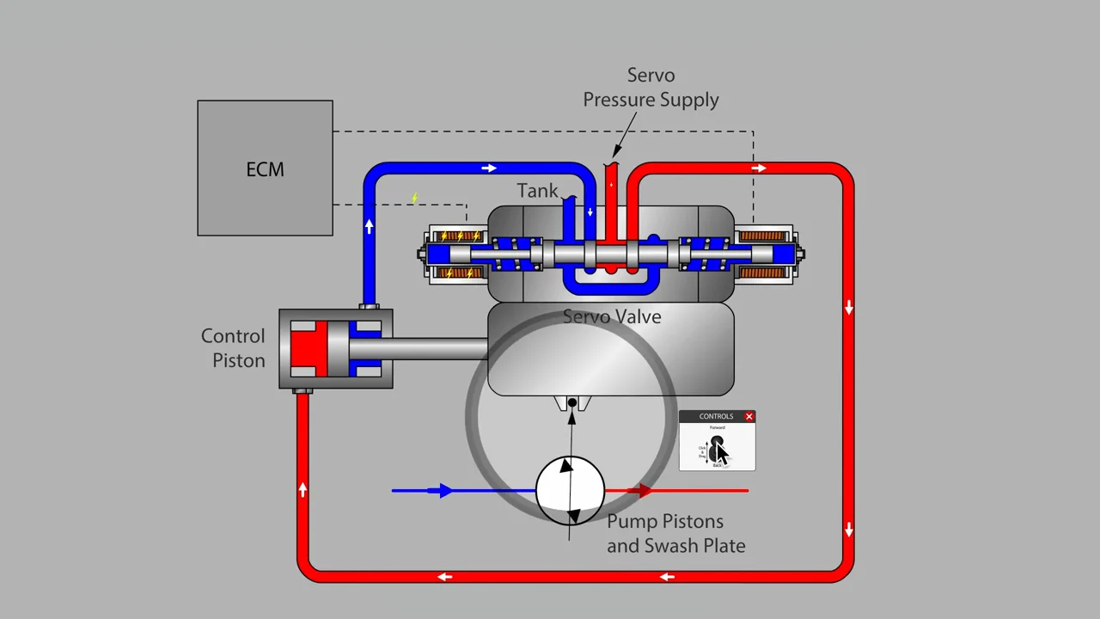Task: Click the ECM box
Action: [x=265, y=169]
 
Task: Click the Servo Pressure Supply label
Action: [x=651, y=88]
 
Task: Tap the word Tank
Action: [x=537, y=191]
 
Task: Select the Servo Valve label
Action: [x=612, y=317]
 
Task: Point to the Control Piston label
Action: [x=233, y=348]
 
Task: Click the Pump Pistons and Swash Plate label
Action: [x=675, y=534]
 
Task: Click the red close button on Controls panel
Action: [x=749, y=417]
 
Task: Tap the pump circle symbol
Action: [x=570, y=490]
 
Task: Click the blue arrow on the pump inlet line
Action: [x=443, y=491]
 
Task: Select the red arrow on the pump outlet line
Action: [x=641, y=491]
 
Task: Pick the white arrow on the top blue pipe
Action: [x=489, y=169]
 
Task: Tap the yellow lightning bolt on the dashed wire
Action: [x=414, y=199]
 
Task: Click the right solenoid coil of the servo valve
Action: [x=763, y=254]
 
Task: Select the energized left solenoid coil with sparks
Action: [x=457, y=254]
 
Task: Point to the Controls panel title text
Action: [x=716, y=417]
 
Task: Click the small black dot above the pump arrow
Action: [x=572, y=402]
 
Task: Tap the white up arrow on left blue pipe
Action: [x=370, y=226]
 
